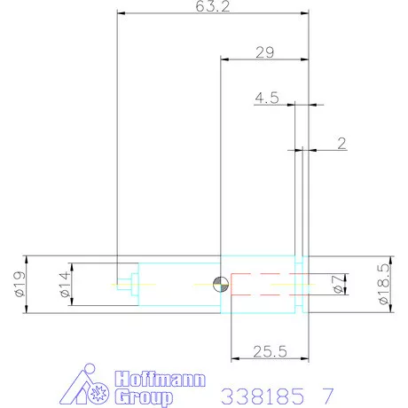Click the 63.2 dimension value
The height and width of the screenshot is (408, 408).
pyautogui.click(x=210, y=7)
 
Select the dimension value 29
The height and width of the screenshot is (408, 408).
pyautogui.click(x=264, y=52)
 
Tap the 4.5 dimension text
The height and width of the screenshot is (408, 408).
pyautogui.click(x=266, y=98)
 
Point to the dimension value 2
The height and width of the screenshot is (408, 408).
pyautogui.click(x=341, y=141)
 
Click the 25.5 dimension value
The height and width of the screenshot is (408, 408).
pyautogui.click(x=268, y=351)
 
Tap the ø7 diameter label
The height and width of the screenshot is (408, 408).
pyautogui.click(x=335, y=284)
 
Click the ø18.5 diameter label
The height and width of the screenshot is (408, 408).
pyautogui.click(x=383, y=284)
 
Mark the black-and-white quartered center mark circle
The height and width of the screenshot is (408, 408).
pyautogui.click(x=221, y=284)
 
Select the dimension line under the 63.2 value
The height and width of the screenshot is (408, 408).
pyautogui.click(x=213, y=14)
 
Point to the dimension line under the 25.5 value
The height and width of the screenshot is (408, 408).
pyautogui.click(x=268, y=359)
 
